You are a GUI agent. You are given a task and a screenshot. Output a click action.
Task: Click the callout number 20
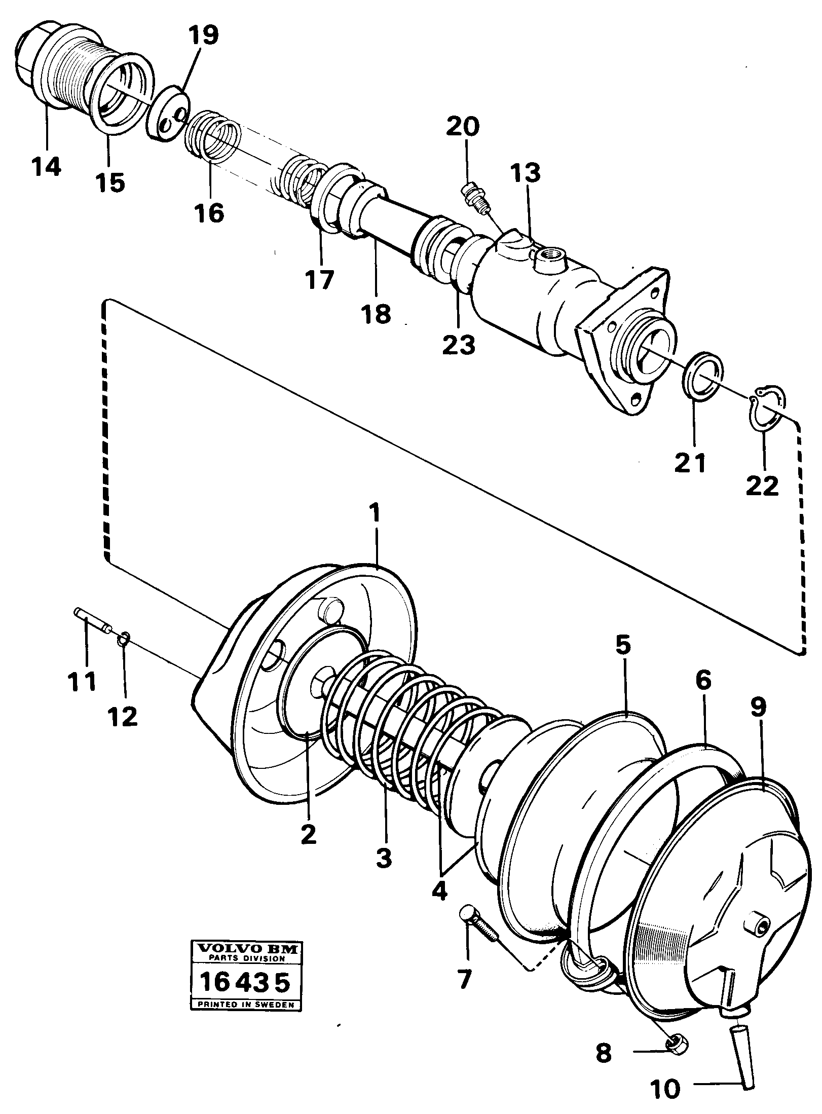pyautogui.click(x=462, y=127)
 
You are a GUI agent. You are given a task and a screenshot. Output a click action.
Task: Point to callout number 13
pyautogui.click(x=526, y=174)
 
